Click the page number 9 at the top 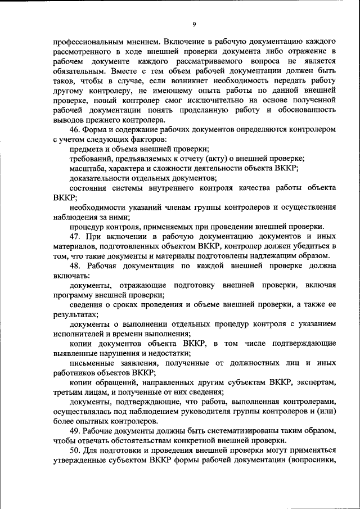click(194, 24)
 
